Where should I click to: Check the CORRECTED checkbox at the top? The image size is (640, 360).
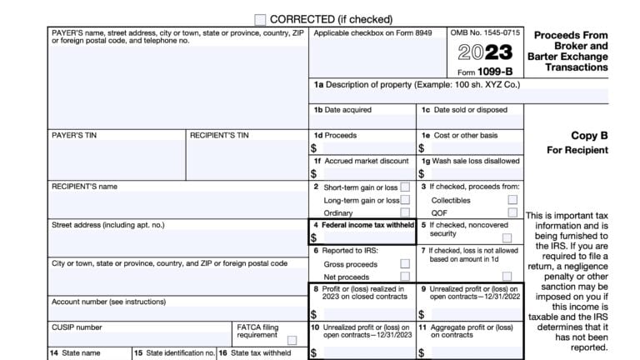[x=260, y=19]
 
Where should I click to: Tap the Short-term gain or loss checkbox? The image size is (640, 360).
[x=405, y=187]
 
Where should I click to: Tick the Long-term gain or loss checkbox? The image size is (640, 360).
[x=405, y=200]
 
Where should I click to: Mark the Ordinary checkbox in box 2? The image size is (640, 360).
[x=405, y=212]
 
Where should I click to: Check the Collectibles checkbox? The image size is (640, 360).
[x=512, y=200]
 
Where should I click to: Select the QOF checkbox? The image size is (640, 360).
[x=512, y=212]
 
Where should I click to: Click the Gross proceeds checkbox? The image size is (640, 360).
[x=405, y=264]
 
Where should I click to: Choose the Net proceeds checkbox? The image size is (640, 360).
[x=405, y=276]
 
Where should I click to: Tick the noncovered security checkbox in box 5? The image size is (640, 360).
[x=507, y=237]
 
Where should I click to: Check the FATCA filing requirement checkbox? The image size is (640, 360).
[x=292, y=340]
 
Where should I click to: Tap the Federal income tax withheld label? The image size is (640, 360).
[x=365, y=225]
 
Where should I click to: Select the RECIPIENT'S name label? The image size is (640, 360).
[x=84, y=187]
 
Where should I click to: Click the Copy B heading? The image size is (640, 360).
[x=588, y=135]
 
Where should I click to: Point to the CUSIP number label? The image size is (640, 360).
[x=77, y=327]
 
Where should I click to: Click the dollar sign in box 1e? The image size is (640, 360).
[x=422, y=148]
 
